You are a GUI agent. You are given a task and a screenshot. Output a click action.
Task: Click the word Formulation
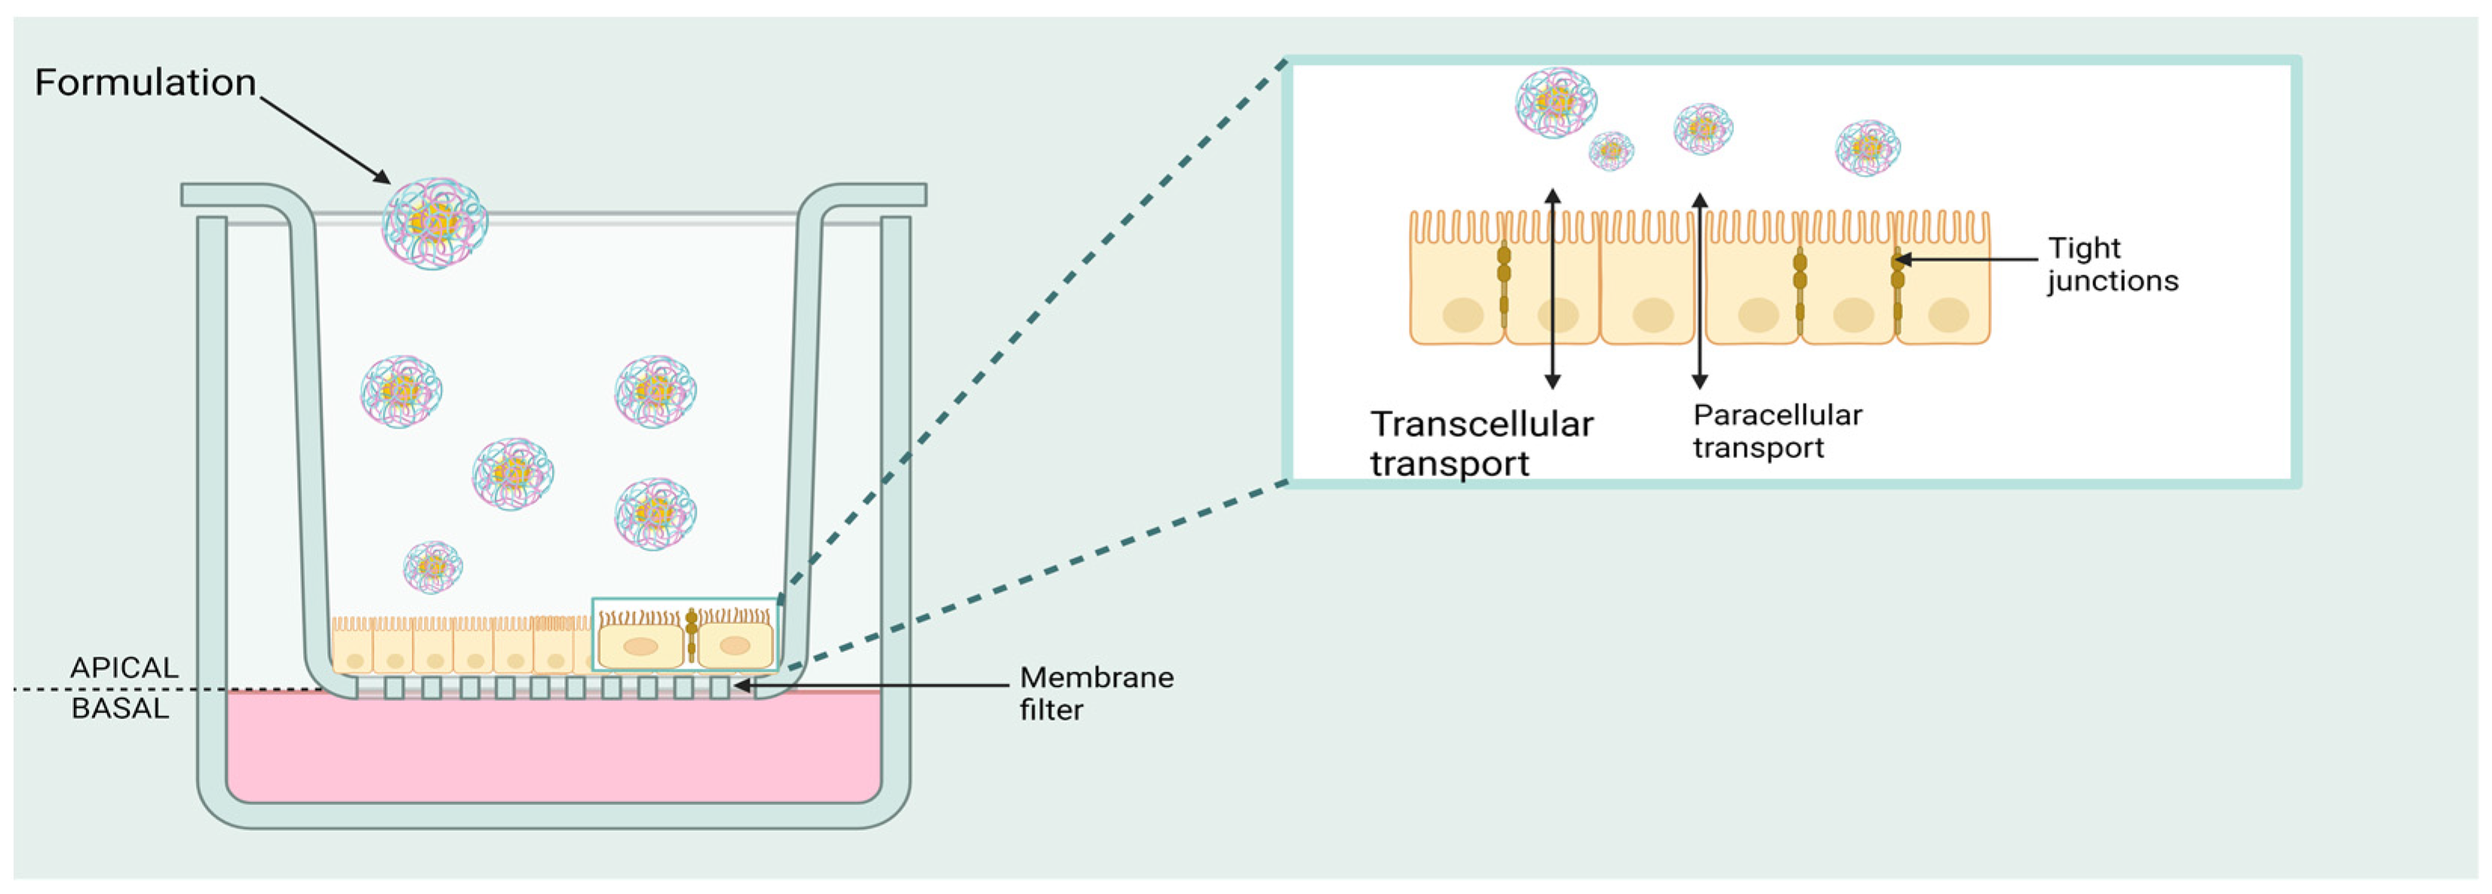(x=145, y=83)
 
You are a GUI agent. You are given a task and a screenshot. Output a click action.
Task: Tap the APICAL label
(x=124, y=668)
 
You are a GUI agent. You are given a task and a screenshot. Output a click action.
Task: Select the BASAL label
(x=120, y=708)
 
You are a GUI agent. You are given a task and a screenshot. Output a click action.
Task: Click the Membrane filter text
(x=1095, y=693)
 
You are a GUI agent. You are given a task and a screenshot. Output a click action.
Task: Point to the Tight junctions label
(x=2112, y=264)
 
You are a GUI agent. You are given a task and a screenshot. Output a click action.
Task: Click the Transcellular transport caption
(x=1480, y=443)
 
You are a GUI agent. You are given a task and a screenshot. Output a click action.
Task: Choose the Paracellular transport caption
(x=1776, y=431)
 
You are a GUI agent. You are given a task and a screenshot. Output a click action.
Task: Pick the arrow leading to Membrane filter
(x=870, y=686)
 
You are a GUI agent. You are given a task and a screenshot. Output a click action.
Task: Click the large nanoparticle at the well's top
(x=434, y=223)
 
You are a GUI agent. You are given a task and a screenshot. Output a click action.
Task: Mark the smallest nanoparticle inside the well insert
(x=432, y=567)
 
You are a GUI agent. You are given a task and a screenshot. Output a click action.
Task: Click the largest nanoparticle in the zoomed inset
(x=1555, y=102)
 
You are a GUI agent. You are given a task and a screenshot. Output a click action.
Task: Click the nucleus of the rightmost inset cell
(x=1948, y=315)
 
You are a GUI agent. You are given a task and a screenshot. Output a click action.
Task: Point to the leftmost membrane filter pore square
(x=394, y=688)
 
